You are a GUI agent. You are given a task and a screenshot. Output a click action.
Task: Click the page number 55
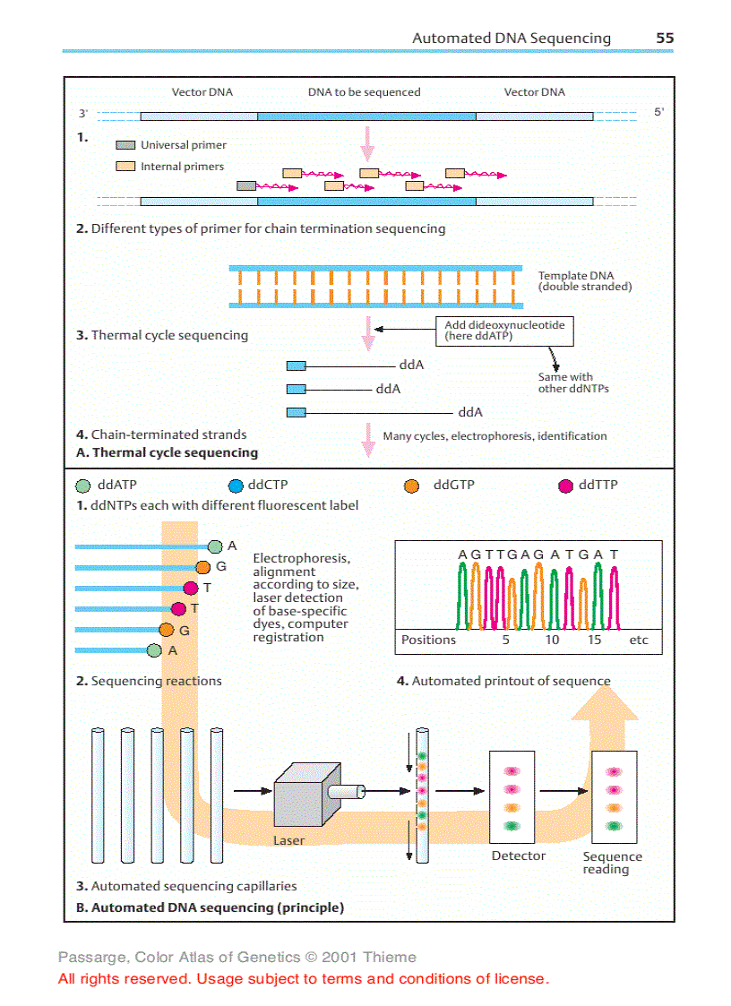click(x=664, y=39)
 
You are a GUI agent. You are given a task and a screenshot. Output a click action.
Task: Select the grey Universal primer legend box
click(x=125, y=145)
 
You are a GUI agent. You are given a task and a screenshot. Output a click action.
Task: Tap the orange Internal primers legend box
click(x=125, y=167)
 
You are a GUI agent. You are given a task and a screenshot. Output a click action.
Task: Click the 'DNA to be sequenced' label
click(x=364, y=92)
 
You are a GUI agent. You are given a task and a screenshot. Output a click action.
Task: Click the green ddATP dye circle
click(x=83, y=486)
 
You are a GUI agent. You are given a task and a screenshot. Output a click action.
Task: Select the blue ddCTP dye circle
click(x=236, y=486)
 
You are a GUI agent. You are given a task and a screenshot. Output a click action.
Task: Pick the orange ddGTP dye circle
click(x=412, y=486)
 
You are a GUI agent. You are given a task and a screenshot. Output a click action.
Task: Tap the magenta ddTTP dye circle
click(x=565, y=486)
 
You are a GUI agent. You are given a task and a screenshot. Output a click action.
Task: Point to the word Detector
click(x=518, y=856)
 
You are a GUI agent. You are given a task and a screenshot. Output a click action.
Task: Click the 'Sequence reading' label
click(x=612, y=863)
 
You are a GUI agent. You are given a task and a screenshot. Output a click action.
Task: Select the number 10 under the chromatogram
click(x=552, y=641)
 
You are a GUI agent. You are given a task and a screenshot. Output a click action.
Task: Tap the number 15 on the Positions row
click(x=595, y=641)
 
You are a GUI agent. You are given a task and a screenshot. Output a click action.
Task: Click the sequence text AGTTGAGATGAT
click(x=537, y=555)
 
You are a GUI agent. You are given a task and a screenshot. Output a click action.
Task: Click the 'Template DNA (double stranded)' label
click(x=584, y=281)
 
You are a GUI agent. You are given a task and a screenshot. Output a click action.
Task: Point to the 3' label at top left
click(x=82, y=114)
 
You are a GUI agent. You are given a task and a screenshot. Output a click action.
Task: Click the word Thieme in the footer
click(x=391, y=958)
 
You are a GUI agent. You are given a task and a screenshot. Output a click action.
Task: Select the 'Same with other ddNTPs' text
click(x=573, y=383)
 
